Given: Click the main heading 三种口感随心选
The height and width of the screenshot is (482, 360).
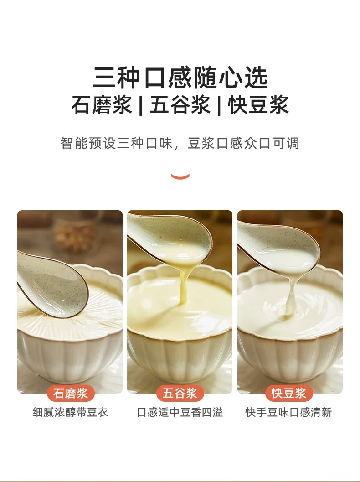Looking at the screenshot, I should (x=180, y=78).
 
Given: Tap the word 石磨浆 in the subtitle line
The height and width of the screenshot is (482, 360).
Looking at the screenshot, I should (x=101, y=104).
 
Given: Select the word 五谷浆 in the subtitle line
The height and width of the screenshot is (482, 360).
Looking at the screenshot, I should (x=180, y=104).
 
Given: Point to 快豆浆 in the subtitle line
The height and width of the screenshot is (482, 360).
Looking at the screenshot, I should (x=258, y=104).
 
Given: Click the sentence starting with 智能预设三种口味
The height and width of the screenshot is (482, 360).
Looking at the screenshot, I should (x=180, y=143).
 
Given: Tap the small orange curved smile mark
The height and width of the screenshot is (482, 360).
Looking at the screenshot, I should (x=180, y=176).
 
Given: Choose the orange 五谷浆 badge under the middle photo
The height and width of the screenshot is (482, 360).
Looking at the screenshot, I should (x=180, y=393).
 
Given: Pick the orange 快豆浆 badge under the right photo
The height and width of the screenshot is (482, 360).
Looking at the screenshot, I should (x=289, y=393).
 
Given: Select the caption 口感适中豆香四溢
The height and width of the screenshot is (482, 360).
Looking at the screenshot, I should (x=180, y=413).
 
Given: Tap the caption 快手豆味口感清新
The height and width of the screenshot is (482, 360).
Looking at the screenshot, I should (x=289, y=413).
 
